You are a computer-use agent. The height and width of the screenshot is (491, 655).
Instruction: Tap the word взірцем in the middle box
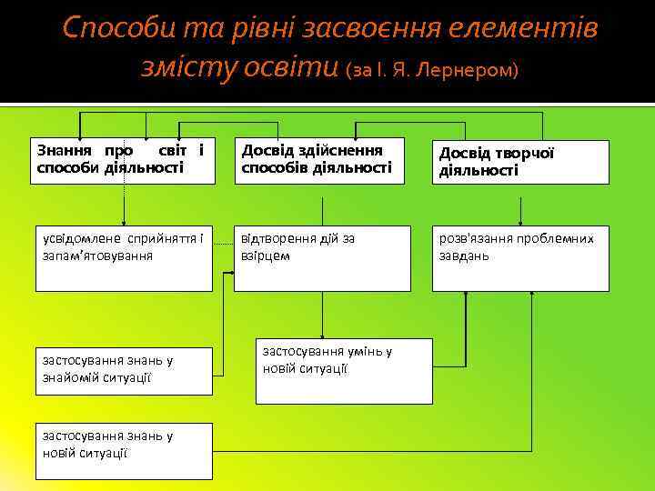[x=265, y=256]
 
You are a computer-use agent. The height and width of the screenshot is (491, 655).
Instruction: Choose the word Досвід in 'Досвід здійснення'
[x=264, y=150]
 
